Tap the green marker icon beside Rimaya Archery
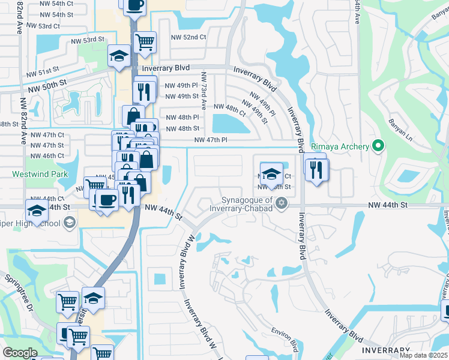[378, 145]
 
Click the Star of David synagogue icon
[280, 205]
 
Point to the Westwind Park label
[40, 175]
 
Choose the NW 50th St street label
[45, 80]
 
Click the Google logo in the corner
[20, 353]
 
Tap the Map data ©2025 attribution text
[424, 355]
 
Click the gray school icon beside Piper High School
[70, 224]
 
